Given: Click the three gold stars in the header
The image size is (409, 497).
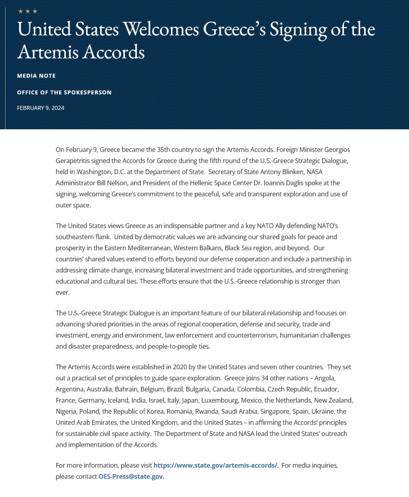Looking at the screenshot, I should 27,11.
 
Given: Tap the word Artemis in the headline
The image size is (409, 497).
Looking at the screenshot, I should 47,52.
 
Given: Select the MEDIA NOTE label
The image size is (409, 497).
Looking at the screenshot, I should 36,76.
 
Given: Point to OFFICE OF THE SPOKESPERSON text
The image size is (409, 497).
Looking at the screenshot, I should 64,92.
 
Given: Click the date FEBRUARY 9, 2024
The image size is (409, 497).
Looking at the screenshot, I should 40,108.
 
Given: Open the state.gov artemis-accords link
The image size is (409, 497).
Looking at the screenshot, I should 215,465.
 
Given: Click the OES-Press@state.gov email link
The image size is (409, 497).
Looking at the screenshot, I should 131,476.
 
